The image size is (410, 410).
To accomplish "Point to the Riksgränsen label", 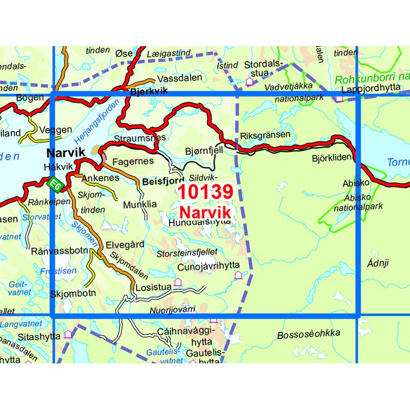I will pos(264,135).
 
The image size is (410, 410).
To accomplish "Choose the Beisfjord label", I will pos(163,181).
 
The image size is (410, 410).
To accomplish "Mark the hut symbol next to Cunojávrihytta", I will pos(238,276).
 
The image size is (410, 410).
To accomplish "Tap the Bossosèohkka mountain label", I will pos(308,335).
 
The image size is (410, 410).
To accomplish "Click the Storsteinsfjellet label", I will pos(188,252).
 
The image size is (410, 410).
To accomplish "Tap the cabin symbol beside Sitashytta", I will pos(68,334).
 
